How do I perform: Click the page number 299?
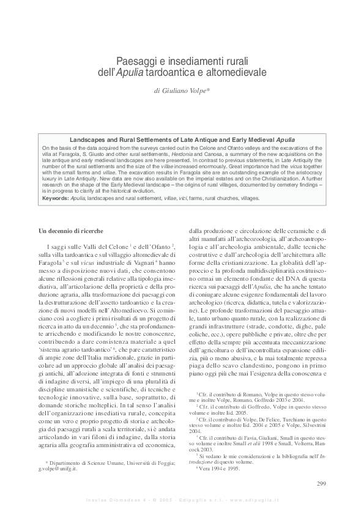[321, 484]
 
